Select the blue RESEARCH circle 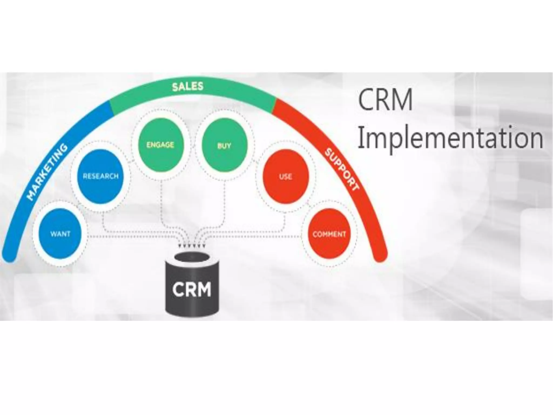100,176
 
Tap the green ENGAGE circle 160,145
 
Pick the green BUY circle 224,146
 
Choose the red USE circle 285,177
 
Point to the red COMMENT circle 329,234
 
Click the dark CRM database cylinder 192,286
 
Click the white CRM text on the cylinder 192,289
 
